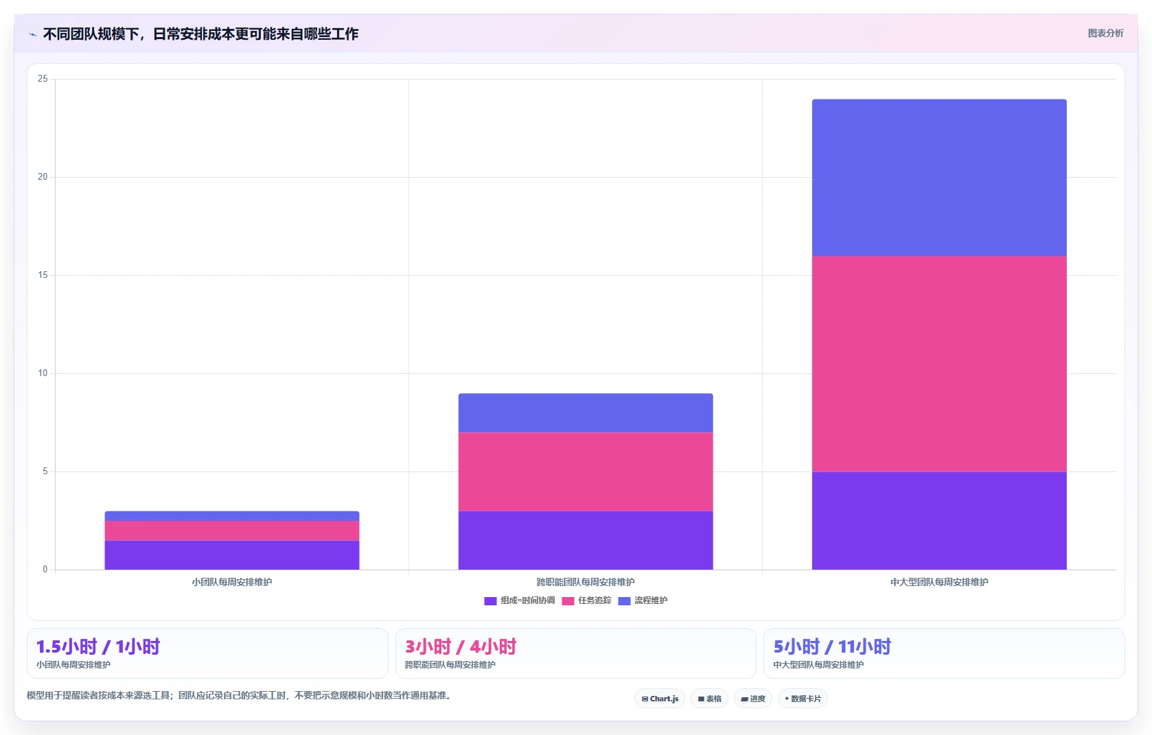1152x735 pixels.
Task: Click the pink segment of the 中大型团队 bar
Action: [939, 364]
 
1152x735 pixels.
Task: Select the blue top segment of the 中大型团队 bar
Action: [939, 177]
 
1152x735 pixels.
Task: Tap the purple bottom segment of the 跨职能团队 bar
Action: [585, 540]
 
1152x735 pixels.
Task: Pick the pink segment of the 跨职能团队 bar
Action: [585, 472]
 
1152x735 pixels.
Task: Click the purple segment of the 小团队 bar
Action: [232, 555]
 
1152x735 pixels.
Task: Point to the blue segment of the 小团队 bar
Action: [232, 516]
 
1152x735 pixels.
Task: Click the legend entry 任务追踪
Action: [587, 600]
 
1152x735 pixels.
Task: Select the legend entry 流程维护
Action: [643, 600]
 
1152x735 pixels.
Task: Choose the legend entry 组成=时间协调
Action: [520, 600]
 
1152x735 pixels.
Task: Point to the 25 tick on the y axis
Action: [43, 79]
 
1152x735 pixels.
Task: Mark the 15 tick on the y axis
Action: [43, 275]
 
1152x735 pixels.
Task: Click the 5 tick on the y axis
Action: [45, 471]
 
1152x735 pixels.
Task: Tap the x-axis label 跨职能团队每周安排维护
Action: [585, 582]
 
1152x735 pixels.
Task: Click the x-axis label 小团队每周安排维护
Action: [232, 582]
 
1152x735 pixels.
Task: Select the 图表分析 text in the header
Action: [1106, 34]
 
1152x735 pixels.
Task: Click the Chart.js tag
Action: [660, 699]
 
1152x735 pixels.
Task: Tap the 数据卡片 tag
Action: [803, 699]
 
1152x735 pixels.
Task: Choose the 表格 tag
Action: [709, 699]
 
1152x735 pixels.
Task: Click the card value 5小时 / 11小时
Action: [832, 646]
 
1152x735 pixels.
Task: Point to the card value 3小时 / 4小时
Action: [461, 646]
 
